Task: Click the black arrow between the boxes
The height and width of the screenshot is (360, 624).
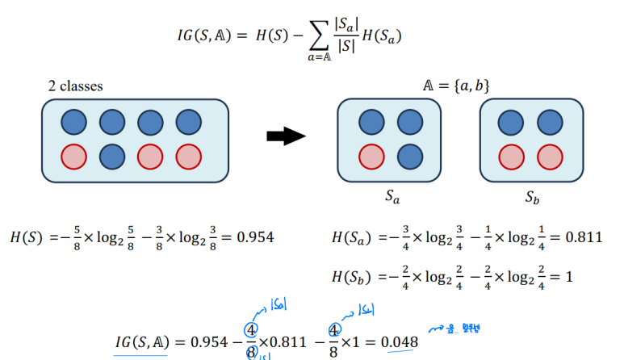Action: (287, 136)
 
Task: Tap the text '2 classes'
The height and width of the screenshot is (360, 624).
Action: (75, 85)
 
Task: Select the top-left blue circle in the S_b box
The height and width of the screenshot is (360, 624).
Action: (511, 123)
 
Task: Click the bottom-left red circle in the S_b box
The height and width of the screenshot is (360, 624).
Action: (511, 155)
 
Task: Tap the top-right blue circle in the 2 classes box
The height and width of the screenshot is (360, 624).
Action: (188, 123)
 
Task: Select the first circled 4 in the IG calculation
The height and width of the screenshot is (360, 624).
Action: (253, 331)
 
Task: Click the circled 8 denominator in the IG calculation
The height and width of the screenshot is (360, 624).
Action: (253, 351)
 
